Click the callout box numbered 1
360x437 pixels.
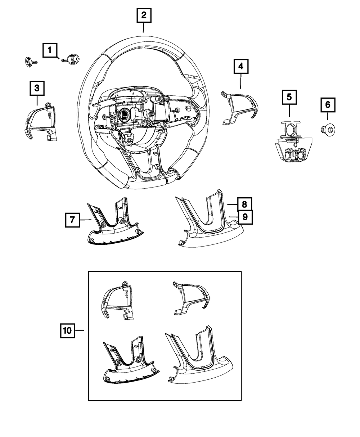point(50,50)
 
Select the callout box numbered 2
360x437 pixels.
point(144,15)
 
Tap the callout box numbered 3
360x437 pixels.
point(37,88)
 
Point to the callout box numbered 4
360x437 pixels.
point(240,67)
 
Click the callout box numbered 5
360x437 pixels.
point(289,97)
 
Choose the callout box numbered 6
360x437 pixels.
point(328,105)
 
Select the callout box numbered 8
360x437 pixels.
point(244,204)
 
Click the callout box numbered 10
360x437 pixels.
point(67,330)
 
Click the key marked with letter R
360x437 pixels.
point(71,58)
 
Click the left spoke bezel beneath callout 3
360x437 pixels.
point(41,121)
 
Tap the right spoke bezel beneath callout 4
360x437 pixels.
point(241,106)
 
